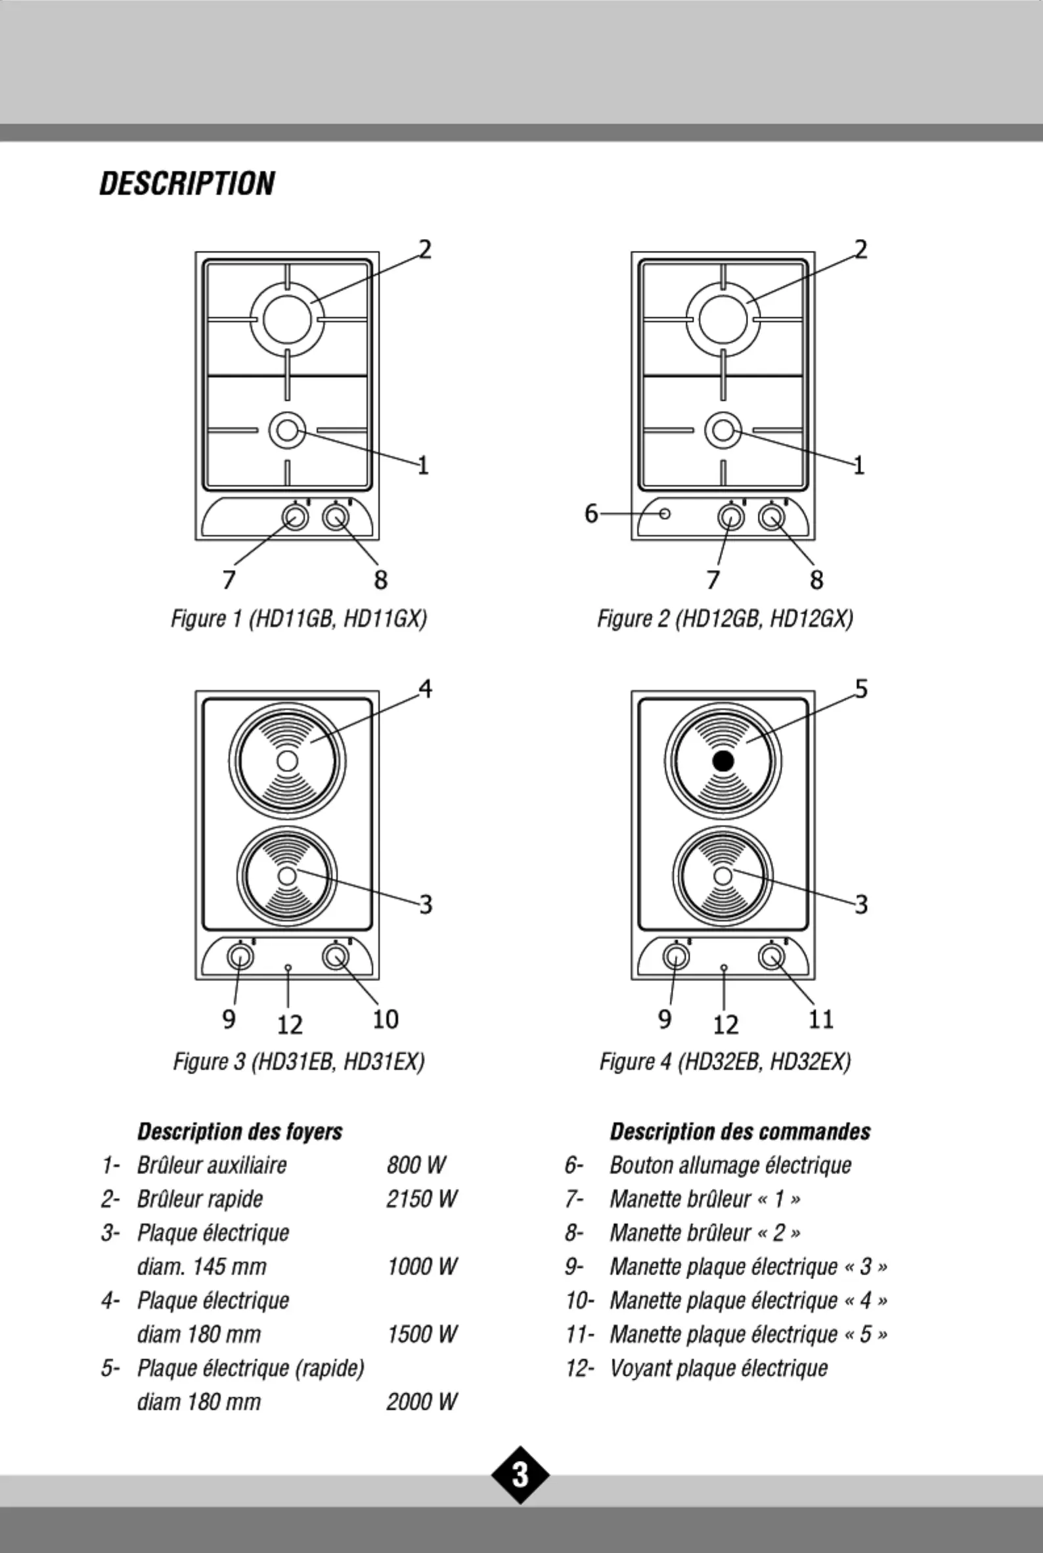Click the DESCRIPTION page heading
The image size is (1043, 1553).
(x=187, y=184)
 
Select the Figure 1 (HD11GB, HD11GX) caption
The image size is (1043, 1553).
(x=299, y=619)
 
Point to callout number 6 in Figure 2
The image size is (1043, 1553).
(x=591, y=514)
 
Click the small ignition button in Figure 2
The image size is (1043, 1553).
(x=665, y=514)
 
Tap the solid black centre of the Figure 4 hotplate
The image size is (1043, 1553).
(x=723, y=761)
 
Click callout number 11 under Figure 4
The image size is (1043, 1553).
(x=821, y=1019)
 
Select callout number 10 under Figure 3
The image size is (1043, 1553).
(x=385, y=1019)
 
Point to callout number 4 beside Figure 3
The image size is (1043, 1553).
(x=426, y=689)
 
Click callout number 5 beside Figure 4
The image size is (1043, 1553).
(x=861, y=689)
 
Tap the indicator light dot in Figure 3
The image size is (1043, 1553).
(x=288, y=968)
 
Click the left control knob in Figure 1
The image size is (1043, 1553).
(x=295, y=517)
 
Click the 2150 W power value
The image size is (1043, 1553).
(x=422, y=1198)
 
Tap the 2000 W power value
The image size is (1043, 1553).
(x=422, y=1401)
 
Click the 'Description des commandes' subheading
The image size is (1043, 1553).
(x=740, y=1131)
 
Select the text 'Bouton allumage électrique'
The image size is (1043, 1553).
(x=730, y=1166)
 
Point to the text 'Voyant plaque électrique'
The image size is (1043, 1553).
(x=719, y=1368)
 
